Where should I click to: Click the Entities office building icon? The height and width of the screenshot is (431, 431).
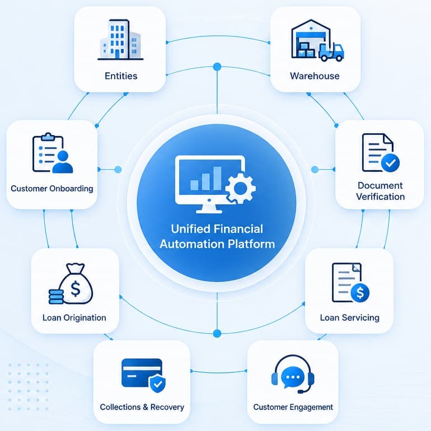pyautogui.click(x=121, y=39)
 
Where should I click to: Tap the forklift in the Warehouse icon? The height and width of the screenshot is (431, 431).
pyautogui.click(x=331, y=52)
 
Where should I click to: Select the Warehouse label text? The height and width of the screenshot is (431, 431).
pyautogui.click(x=315, y=76)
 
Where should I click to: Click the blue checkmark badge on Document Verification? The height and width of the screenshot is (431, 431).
pyautogui.click(x=390, y=163)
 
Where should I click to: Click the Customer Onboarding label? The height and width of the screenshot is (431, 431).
pyautogui.click(x=52, y=189)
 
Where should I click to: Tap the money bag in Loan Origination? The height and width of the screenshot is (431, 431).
pyautogui.click(x=77, y=284)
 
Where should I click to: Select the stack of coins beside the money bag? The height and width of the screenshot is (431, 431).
pyautogui.click(x=56, y=296)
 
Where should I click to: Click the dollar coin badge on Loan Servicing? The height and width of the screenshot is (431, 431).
pyautogui.click(x=360, y=293)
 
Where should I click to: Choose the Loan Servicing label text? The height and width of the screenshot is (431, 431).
pyautogui.click(x=350, y=318)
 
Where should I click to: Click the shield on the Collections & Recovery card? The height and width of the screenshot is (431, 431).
pyautogui.click(x=157, y=383)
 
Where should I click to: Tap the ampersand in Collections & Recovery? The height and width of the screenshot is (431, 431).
pyautogui.click(x=146, y=407)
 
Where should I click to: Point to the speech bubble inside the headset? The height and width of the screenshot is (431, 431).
pyautogui.click(x=293, y=377)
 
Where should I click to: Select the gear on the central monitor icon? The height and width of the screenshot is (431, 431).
pyautogui.click(x=241, y=188)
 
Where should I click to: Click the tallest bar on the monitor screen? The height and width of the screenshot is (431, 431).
pyautogui.click(x=217, y=179)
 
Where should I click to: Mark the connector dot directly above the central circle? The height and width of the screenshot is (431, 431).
pyautogui.click(x=217, y=67)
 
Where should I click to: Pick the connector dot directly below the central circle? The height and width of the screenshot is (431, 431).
pyautogui.click(x=217, y=334)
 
